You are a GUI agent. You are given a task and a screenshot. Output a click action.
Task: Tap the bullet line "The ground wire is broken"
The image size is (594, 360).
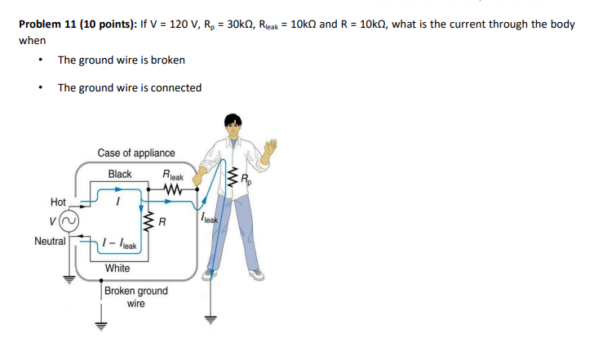point(121,60)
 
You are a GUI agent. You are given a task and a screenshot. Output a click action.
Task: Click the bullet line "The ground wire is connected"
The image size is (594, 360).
point(129,87)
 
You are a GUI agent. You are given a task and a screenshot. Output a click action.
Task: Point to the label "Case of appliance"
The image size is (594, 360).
point(135,153)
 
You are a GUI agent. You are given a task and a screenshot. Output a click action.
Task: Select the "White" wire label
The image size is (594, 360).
point(117,268)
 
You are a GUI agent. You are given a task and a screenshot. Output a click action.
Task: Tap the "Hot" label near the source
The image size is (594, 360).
point(59,201)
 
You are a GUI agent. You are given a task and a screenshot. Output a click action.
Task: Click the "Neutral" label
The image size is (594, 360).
point(50,241)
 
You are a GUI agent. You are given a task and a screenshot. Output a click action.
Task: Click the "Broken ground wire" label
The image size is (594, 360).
point(135,296)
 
